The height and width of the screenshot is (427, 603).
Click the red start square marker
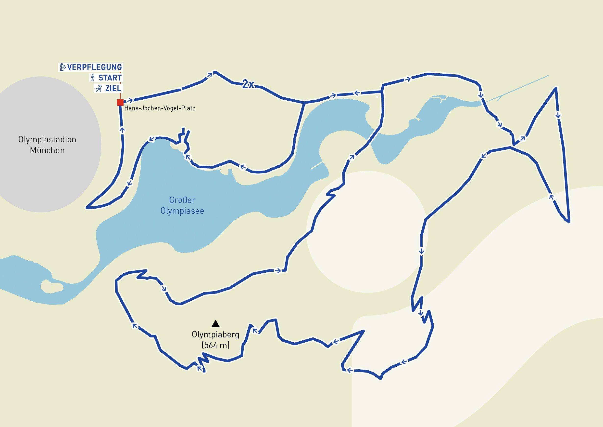[x=120, y=102]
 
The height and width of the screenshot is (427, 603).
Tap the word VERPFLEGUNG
[x=95, y=67]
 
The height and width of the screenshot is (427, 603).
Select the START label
[x=110, y=78]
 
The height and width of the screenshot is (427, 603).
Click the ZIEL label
[x=113, y=89]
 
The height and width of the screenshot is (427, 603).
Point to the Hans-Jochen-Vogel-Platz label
[x=160, y=108]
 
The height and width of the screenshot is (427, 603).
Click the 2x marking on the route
[x=248, y=84]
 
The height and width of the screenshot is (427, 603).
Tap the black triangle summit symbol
[x=215, y=324]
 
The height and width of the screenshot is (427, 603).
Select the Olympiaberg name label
[x=215, y=335]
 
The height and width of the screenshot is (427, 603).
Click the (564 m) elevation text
[x=215, y=345]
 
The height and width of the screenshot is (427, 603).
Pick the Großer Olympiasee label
[x=182, y=205]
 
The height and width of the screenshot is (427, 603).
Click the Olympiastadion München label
[x=47, y=145]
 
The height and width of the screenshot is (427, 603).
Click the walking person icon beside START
[x=92, y=78]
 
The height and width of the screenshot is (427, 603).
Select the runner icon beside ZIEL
[x=99, y=89]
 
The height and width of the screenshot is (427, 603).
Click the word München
[x=47, y=150]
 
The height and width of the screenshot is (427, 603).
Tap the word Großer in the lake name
[x=182, y=200]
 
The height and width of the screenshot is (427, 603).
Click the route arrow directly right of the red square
[x=130, y=100]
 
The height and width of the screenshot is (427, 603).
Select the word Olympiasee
[x=182, y=211]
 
